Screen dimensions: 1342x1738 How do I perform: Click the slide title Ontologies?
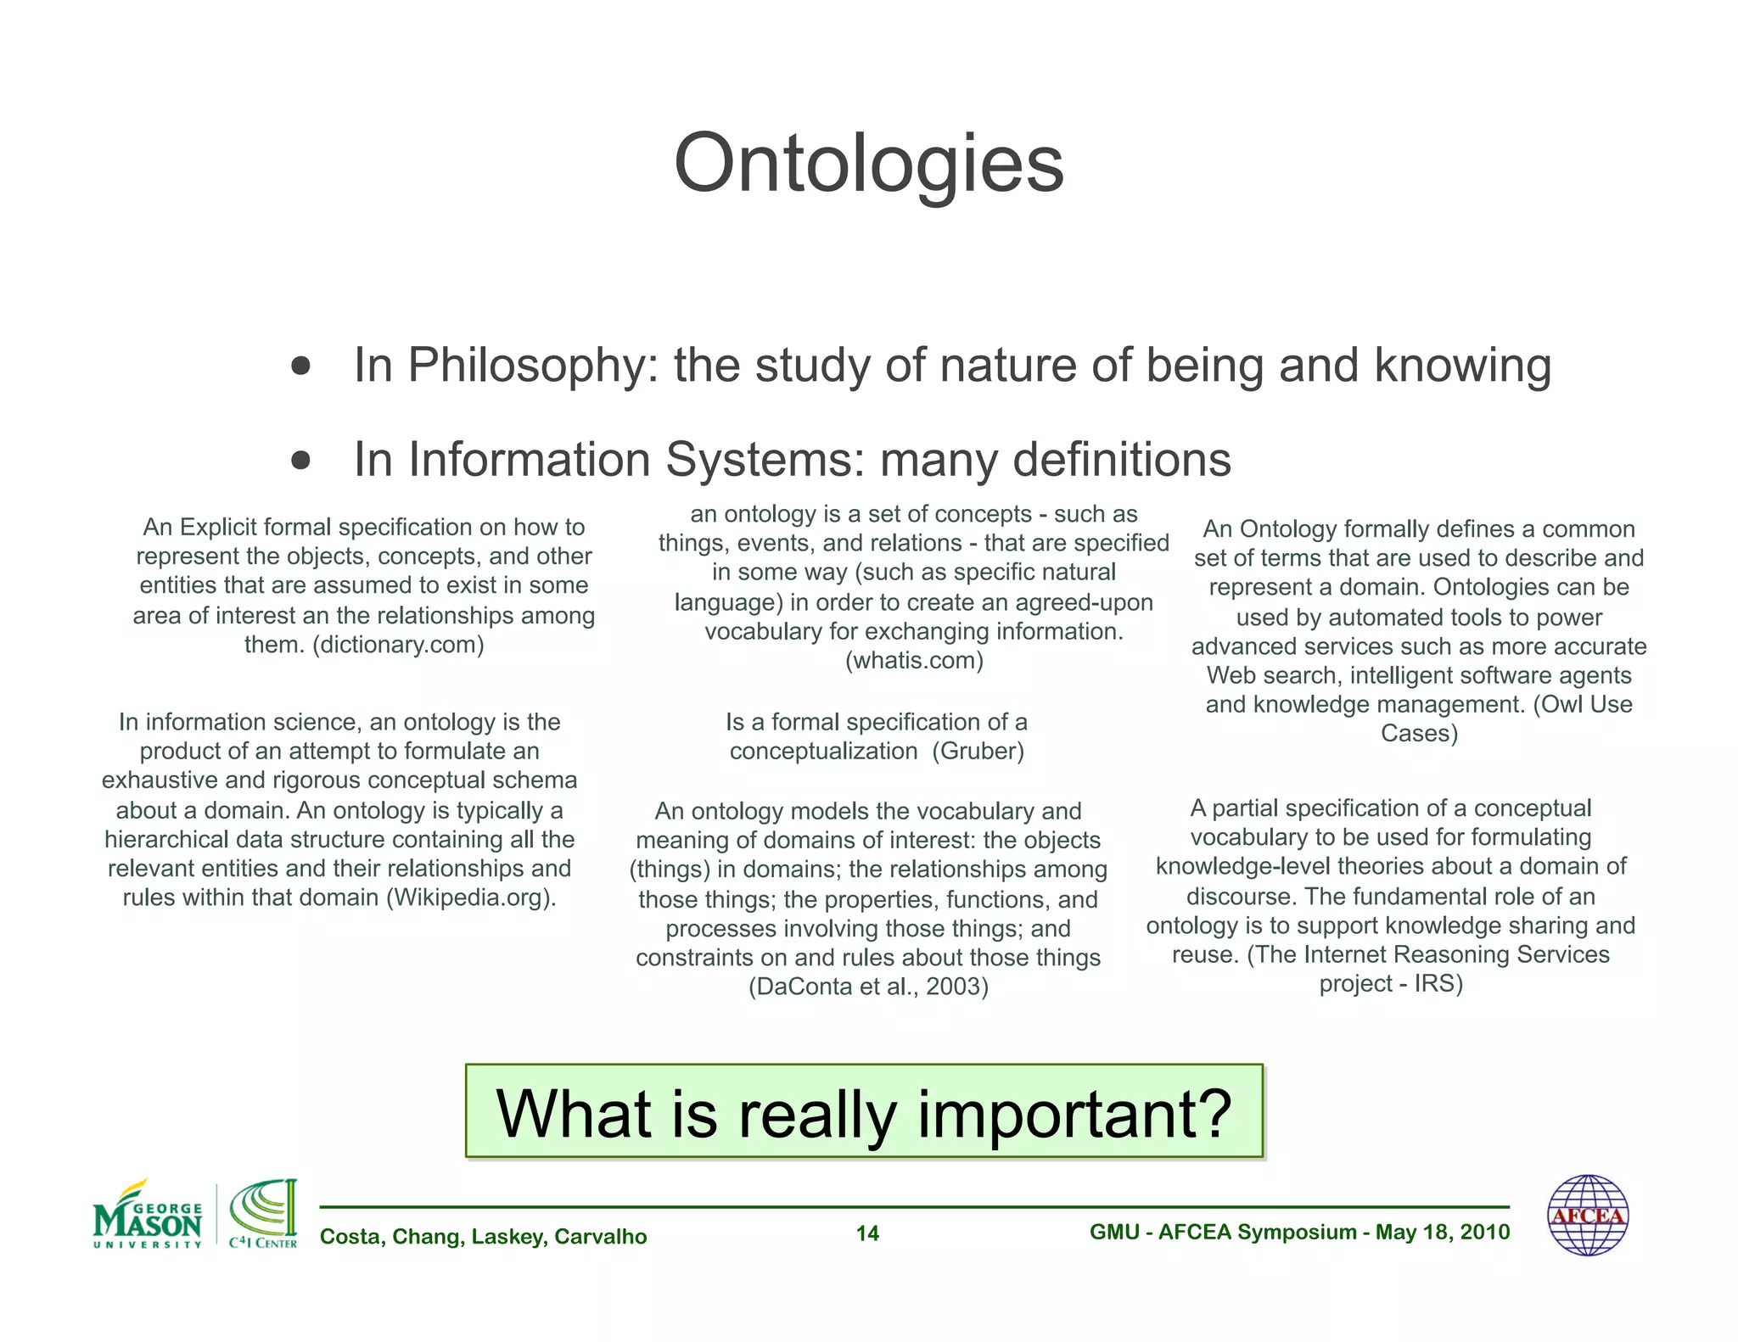(x=868, y=163)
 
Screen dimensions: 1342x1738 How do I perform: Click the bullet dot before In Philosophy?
(x=300, y=366)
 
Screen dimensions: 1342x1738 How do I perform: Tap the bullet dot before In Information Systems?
(x=300, y=461)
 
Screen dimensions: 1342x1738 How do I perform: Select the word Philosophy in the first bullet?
(x=527, y=366)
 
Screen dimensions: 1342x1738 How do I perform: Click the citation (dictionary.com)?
(x=398, y=645)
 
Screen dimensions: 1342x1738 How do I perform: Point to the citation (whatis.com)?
(x=914, y=660)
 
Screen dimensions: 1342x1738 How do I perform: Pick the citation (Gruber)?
(x=978, y=752)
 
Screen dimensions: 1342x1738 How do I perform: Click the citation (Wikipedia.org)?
(x=471, y=897)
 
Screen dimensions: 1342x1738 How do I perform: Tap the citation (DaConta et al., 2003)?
(x=868, y=987)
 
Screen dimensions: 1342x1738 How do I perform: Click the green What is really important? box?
(x=864, y=1111)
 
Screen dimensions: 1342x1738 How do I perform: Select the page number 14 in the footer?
(x=867, y=1233)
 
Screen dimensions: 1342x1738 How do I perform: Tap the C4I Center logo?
(x=263, y=1215)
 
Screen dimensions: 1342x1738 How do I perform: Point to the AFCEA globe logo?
(x=1588, y=1216)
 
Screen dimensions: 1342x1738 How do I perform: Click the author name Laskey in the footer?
(x=509, y=1237)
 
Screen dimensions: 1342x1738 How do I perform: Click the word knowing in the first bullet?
(x=1462, y=366)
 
